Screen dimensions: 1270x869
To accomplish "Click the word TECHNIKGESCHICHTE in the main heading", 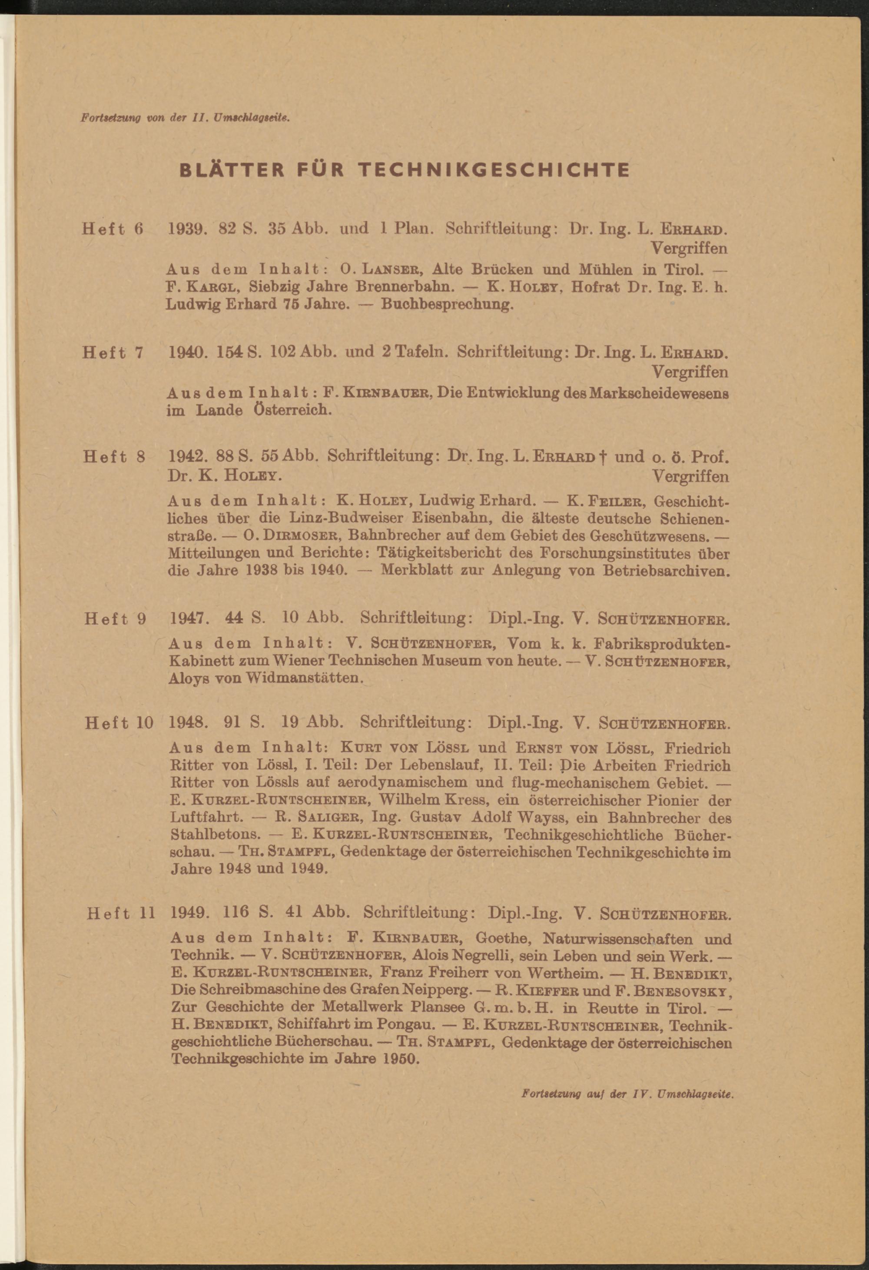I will tap(493, 170).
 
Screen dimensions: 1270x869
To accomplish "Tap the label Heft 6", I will tap(113, 229).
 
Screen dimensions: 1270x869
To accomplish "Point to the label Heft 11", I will tap(121, 913).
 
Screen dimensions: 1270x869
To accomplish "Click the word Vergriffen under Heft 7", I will tap(690, 372).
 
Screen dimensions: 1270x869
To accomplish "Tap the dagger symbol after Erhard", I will tap(601, 457).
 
